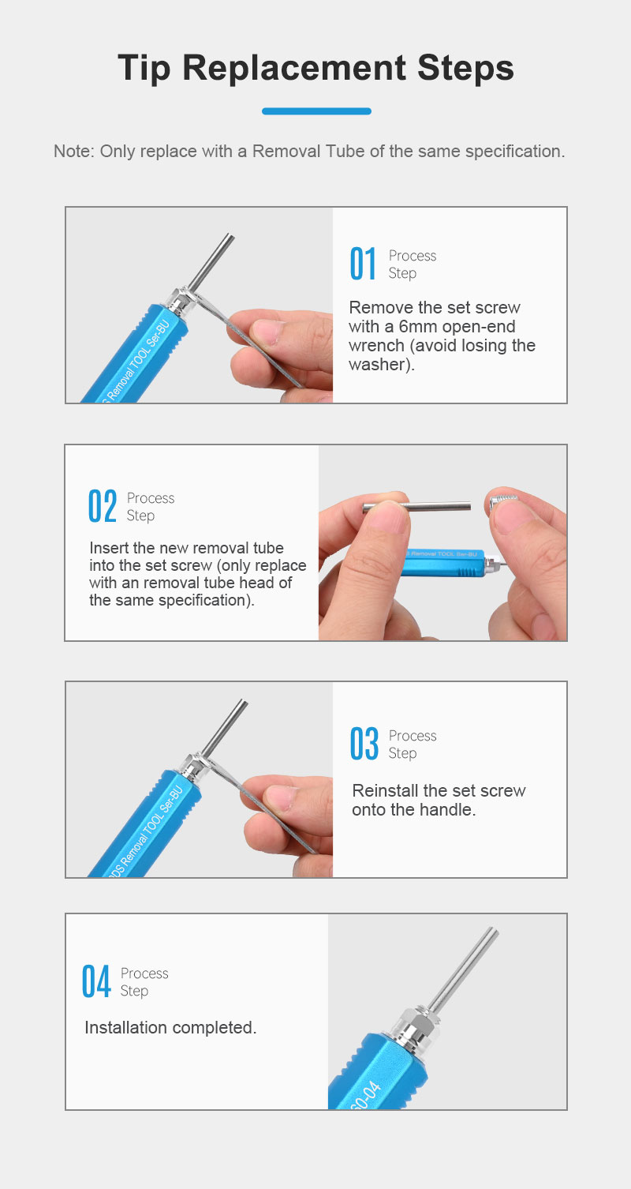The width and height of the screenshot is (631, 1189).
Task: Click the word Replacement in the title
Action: [294, 69]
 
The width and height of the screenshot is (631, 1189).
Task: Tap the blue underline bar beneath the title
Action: [316, 111]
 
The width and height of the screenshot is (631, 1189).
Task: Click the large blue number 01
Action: [364, 263]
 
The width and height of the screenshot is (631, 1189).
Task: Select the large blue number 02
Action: [103, 506]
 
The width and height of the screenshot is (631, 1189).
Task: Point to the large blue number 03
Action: [364, 743]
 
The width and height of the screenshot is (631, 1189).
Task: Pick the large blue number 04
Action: [96, 981]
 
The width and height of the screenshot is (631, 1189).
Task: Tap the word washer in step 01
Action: [376, 365]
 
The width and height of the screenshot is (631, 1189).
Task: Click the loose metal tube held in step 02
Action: [416, 507]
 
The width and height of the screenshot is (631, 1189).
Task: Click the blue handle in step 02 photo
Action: [442, 562]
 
